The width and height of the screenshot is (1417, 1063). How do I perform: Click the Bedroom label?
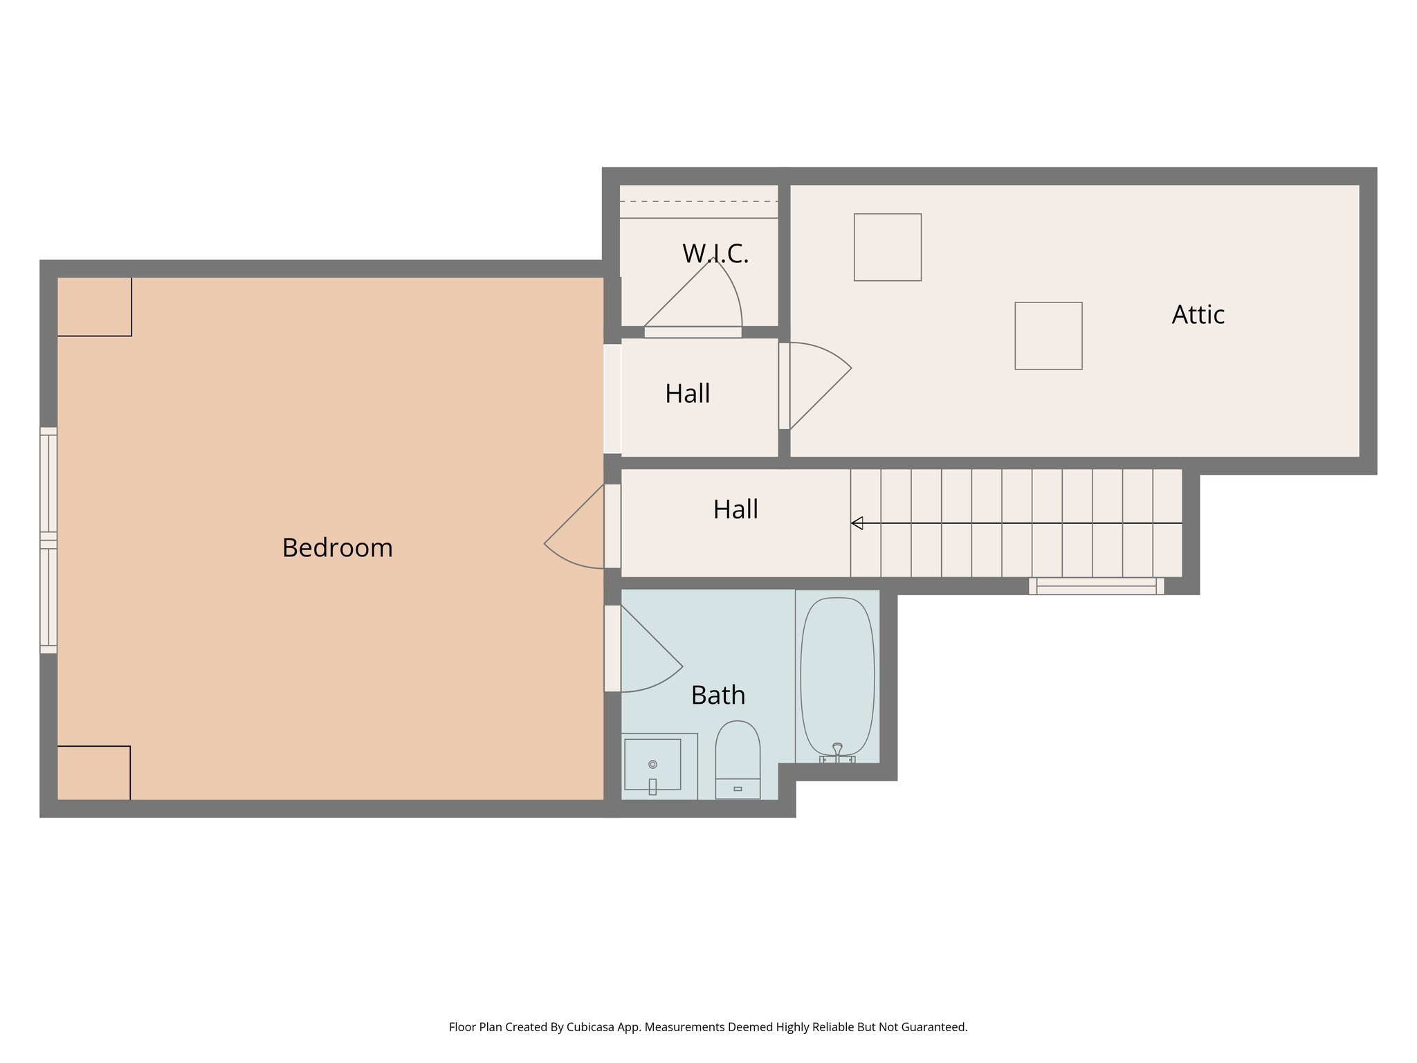(x=337, y=548)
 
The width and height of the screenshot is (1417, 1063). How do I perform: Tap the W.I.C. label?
(x=715, y=254)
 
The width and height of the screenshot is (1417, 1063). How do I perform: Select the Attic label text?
(x=1198, y=315)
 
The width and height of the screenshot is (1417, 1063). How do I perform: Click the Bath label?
(x=718, y=695)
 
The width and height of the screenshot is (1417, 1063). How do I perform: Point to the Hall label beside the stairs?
(x=735, y=510)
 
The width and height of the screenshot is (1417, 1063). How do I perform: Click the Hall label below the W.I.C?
(x=687, y=394)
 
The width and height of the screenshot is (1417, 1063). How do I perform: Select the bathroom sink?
(x=652, y=765)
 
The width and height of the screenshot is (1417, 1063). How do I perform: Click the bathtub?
(x=837, y=675)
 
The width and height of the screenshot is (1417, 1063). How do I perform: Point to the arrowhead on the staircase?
(x=857, y=523)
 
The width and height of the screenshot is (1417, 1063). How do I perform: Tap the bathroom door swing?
(x=647, y=657)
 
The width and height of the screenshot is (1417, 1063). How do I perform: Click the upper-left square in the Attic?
(x=888, y=247)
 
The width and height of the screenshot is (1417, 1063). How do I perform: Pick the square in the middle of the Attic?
(x=1048, y=336)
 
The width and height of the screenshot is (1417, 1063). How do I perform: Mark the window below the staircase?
(x=1096, y=586)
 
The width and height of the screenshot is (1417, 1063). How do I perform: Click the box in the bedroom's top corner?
(x=94, y=307)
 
